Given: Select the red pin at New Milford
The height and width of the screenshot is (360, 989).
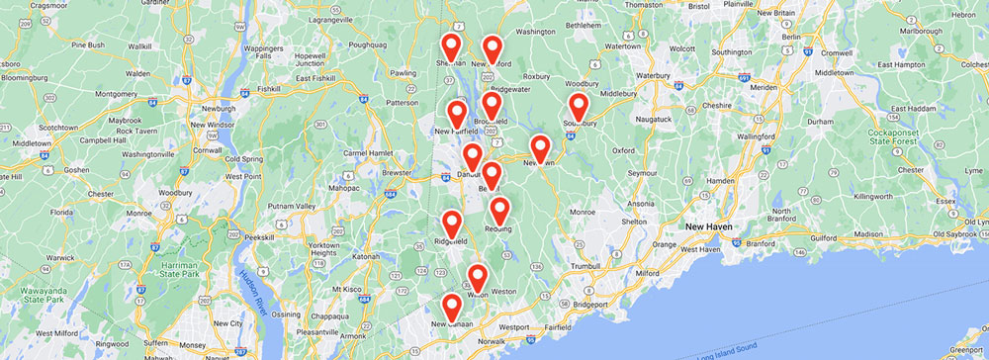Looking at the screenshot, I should point(492,47).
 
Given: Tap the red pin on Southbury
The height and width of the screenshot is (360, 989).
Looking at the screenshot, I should point(579,106).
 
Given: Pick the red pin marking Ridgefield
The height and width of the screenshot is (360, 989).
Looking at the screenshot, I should point(452,225).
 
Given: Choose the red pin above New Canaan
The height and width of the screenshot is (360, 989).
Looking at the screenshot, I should point(451,307).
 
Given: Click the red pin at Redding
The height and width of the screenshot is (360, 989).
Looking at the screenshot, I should point(499,210).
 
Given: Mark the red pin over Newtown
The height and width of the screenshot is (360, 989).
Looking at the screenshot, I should point(540,146).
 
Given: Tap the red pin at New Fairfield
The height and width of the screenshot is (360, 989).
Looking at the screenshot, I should point(457,113).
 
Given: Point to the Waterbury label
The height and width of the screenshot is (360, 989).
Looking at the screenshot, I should point(654,74).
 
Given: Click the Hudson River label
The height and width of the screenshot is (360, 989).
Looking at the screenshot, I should point(247,296).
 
